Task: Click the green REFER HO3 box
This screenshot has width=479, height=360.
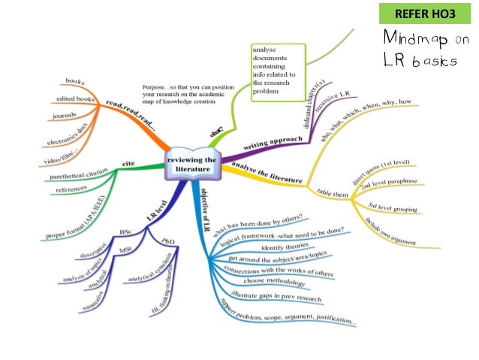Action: pyautogui.click(x=425, y=14)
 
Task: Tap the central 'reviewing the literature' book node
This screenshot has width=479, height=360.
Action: pyautogui.click(x=193, y=165)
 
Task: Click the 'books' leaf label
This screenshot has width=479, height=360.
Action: pyautogui.click(x=75, y=80)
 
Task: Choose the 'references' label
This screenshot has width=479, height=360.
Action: pyautogui.click(x=66, y=191)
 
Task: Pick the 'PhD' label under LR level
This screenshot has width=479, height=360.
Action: pyautogui.click(x=169, y=240)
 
